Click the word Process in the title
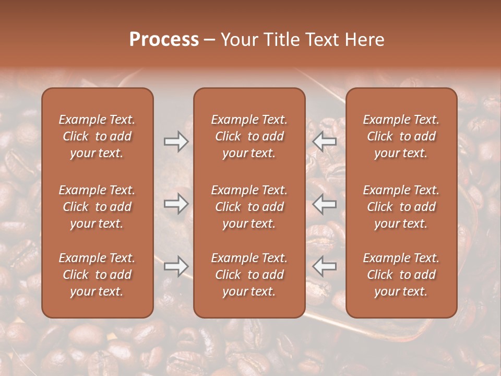coord(164,39)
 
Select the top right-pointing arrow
coord(176,142)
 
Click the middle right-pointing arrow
coord(176,204)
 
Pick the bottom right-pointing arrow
coord(176,266)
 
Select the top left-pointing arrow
coord(324,142)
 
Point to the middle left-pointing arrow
coord(324,204)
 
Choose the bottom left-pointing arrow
coord(324,266)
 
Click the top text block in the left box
coord(97,136)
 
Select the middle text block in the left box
coord(97,207)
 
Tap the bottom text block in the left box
coord(97,275)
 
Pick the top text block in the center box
coord(249,136)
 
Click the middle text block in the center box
coord(249,207)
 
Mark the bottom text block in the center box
coord(249,275)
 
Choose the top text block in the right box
coord(401,136)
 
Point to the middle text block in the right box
coord(401,207)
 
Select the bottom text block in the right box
coord(401,275)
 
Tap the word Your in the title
coord(238,39)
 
